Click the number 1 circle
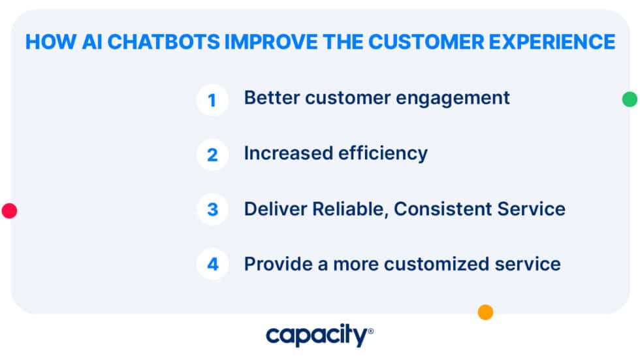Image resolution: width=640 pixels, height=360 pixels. (x=212, y=100)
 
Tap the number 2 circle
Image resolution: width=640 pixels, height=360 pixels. (x=212, y=155)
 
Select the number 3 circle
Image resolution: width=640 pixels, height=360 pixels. (x=212, y=210)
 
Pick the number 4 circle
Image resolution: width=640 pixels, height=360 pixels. (x=212, y=265)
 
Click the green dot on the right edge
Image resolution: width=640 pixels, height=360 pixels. (x=629, y=99)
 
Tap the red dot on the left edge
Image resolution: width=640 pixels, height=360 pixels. (x=9, y=210)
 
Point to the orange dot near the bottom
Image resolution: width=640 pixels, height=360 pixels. (x=485, y=312)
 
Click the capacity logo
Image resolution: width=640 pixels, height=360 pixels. (x=319, y=336)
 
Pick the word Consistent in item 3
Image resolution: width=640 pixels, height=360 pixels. (x=441, y=208)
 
